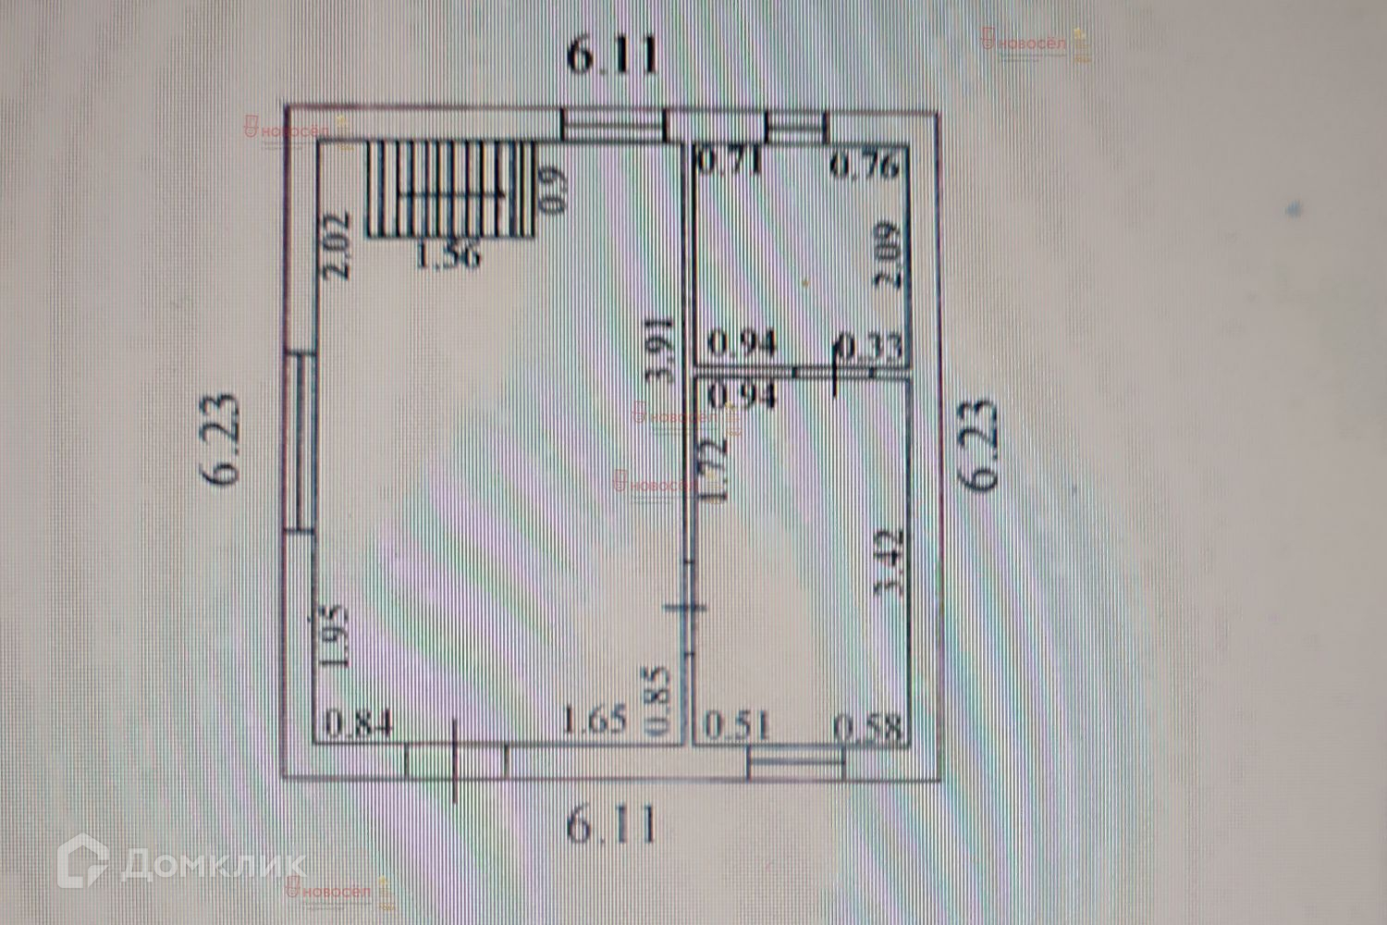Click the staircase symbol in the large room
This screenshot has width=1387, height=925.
point(451,190)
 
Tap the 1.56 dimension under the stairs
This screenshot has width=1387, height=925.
point(448,255)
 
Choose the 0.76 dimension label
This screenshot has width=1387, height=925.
point(865,166)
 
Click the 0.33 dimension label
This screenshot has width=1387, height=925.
point(868,347)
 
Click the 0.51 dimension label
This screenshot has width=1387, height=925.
point(737,725)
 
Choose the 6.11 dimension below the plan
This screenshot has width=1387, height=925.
point(612,824)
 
